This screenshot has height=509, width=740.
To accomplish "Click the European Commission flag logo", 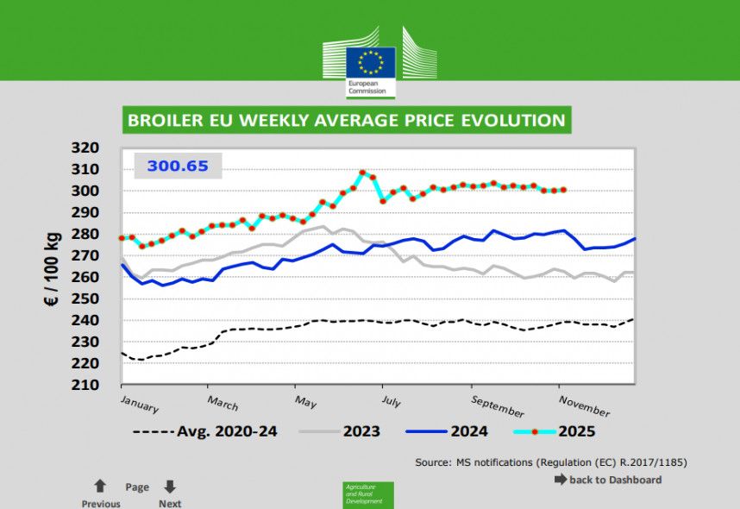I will tap(371, 63).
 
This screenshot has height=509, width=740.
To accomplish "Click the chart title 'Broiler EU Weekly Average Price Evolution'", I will tap(346, 120).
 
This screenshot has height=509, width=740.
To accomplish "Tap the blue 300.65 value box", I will tap(178, 166).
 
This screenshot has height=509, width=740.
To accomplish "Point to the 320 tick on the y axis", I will tap(86, 148).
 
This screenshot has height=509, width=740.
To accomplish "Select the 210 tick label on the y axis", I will tap(86, 385).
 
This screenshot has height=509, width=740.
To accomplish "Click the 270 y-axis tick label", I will tap(86, 255).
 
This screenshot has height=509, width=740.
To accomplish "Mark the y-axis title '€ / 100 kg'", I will tap(52, 266).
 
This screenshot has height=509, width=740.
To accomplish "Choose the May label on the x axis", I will tap(306, 401).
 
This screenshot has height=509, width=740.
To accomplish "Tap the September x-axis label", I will tap(499, 406).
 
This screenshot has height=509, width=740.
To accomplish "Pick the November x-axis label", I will tap(584, 405).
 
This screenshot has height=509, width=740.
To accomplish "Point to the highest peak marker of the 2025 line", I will tap(362, 173).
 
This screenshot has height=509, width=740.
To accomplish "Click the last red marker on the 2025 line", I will tap(563, 190).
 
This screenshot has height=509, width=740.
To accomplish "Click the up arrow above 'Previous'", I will tap(100, 487).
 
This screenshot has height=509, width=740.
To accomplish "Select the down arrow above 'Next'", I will tap(170, 487).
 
